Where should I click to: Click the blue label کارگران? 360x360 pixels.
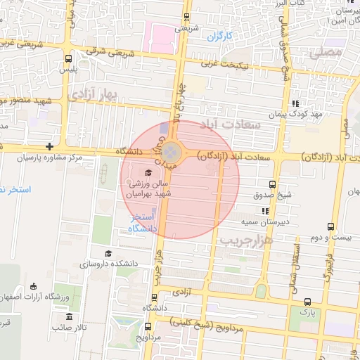tap(220, 34)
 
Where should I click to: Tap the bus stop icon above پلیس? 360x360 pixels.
tap(68, 59)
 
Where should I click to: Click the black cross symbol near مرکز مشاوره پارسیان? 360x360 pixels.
tap(49, 146)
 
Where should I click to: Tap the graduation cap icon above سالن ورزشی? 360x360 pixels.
tap(148, 172)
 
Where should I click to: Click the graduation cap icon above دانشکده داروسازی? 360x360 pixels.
tap(108, 253)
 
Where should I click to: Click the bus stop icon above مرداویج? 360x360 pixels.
tap(148, 326)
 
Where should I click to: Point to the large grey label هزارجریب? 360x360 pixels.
tap(246, 240)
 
